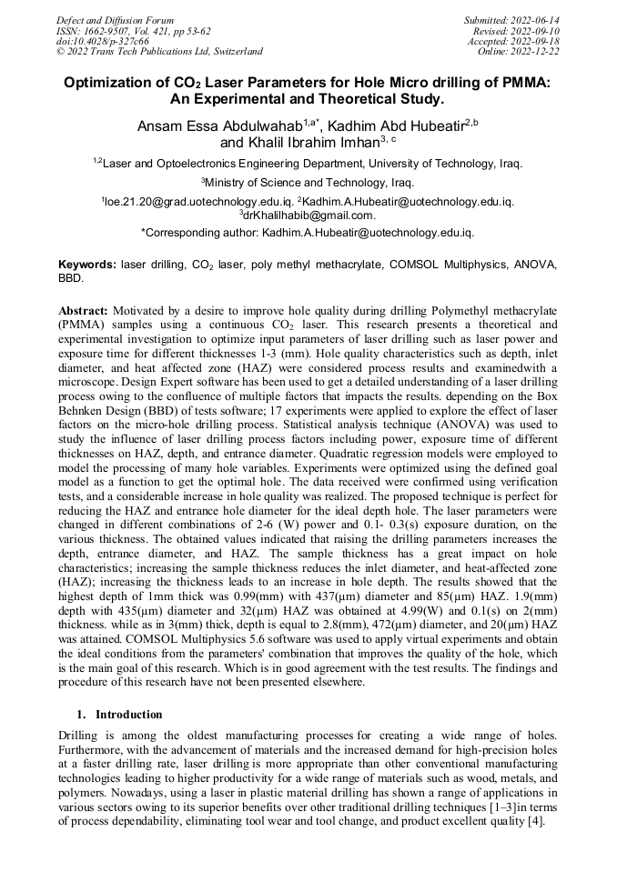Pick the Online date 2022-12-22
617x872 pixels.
(x=536, y=52)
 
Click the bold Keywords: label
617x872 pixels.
(x=87, y=264)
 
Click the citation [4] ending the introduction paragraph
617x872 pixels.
(x=536, y=823)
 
